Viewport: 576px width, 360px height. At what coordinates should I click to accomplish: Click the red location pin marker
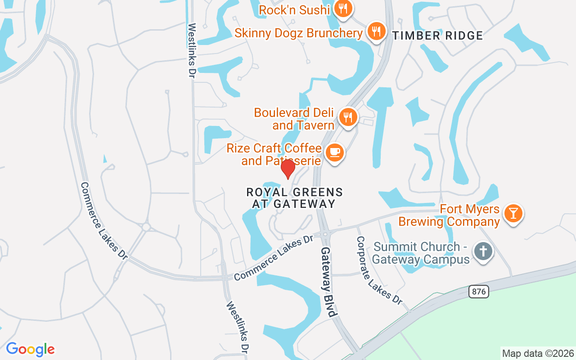[288, 169]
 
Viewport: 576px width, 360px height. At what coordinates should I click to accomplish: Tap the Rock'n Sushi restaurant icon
[343, 9]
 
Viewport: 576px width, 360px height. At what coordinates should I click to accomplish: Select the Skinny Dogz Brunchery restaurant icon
[375, 31]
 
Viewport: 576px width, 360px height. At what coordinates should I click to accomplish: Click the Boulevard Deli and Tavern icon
[347, 117]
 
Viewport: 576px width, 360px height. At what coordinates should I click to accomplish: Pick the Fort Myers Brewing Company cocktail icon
[513, 212]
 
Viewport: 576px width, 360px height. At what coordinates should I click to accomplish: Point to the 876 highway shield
[478, 292]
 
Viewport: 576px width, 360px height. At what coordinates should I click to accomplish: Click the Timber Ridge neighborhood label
[437, 36]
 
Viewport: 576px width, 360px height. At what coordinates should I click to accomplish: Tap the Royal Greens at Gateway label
[295, 198]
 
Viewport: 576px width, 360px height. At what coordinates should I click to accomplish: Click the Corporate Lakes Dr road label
[379, 270]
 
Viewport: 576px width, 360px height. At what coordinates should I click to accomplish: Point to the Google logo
[30, 349]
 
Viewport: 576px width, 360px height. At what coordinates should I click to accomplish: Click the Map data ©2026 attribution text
[538, 354]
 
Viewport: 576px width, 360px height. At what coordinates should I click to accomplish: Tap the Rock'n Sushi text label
[295, 9]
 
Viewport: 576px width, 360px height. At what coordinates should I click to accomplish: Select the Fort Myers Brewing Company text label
[449, 216]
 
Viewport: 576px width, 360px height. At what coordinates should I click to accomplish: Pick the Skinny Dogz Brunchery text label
[298, 33]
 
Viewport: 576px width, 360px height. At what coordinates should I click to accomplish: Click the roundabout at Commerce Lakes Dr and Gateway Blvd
[325, 234]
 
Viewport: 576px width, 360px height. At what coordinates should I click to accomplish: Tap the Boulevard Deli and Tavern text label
[294, 119]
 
